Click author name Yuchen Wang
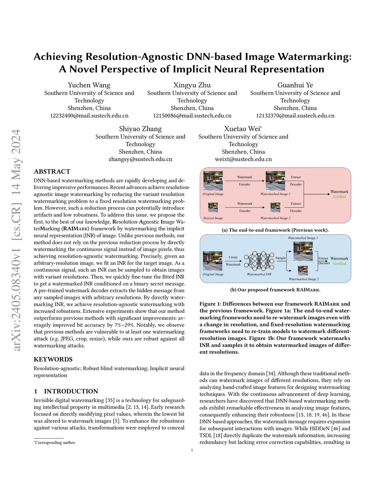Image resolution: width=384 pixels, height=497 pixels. point(89,85)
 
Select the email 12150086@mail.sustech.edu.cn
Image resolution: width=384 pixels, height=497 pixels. point(192,116)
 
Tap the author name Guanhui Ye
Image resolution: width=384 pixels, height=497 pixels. point(295,85)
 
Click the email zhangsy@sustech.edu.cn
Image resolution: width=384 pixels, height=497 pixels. point(140,159)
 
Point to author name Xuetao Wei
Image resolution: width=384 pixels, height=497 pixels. point(242,129)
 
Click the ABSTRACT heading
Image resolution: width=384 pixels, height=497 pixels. point(52,171)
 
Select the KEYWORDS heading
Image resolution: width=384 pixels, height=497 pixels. point(53,359)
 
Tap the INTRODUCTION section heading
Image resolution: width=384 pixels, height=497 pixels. point(71,391)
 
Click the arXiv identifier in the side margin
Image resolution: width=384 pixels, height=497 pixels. point(16,240)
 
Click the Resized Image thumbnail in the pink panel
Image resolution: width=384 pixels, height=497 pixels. point(213,207)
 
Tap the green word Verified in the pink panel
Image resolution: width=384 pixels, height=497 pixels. point(339,197)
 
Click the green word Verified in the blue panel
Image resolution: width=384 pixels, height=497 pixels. point(339,264)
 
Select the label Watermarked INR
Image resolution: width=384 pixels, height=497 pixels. point(259,274)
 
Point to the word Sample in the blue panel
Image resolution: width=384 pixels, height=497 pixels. point(280,258)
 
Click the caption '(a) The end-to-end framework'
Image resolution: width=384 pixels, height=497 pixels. point(275,230)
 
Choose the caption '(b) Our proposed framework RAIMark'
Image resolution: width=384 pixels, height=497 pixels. point(275,290)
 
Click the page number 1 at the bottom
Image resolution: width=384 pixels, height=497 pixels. point(192,450)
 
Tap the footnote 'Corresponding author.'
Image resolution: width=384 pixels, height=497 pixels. point(55,443)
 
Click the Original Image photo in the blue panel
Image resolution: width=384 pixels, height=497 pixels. point(213,261)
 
